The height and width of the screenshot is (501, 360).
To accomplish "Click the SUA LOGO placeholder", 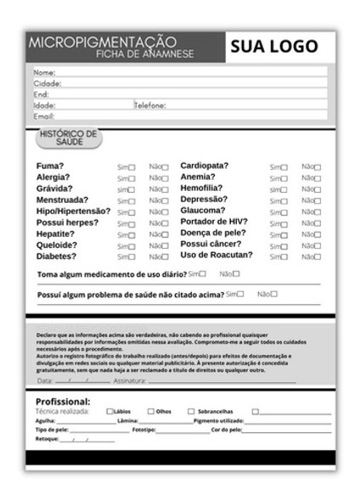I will (273, 47).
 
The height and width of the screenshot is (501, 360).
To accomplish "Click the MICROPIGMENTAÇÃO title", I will (102, 42).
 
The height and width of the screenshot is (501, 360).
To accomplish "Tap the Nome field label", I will (43, 72).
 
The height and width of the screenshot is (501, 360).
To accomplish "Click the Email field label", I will (43, 116).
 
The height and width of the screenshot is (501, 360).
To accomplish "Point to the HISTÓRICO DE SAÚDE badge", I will (69, 138).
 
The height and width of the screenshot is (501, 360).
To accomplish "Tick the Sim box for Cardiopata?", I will (284, 167).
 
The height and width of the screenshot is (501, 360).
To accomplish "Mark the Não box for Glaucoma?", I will (318, 211).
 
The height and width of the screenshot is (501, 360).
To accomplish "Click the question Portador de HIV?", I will (213, 222).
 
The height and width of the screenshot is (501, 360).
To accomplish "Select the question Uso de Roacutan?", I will (217, 255).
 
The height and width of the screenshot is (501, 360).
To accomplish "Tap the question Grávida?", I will (54, 189).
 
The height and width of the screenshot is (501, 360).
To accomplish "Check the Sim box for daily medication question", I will (203, 274).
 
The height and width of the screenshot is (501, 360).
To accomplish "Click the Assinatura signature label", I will (130, 381).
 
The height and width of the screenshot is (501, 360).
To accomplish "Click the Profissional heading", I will (63, 401).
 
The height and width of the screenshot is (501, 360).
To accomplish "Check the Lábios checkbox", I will (110, 412).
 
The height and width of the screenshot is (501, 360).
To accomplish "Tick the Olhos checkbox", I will (150, 412).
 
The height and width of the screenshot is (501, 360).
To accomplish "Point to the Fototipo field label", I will (143, 431).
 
